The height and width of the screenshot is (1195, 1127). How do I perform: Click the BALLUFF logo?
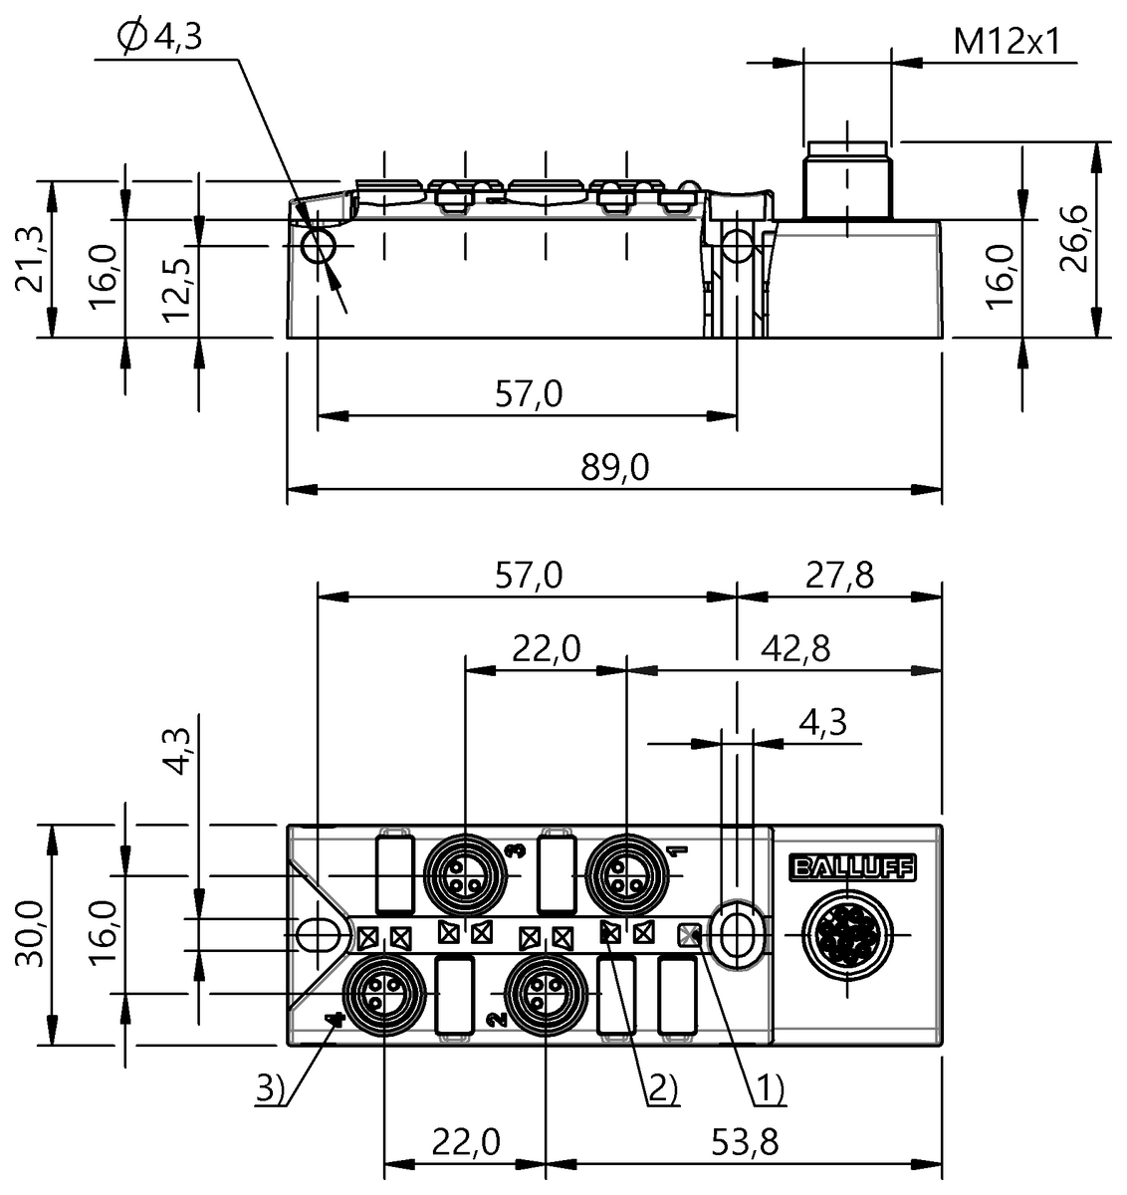click(851, 867)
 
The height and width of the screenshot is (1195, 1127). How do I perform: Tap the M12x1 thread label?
click(1007, 41)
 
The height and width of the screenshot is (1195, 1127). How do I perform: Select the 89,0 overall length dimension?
click(614, 466)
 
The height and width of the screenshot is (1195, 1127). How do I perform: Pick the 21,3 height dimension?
click(29, 257)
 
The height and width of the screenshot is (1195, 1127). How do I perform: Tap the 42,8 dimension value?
click(792, 648)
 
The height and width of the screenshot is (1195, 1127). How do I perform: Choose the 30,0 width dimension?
click(29, 934)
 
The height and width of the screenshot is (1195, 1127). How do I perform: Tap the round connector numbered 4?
click(383, 994)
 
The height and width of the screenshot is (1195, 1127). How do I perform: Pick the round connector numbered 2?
click(545, 994)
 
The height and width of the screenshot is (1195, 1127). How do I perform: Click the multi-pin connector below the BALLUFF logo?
click(847, 934)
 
